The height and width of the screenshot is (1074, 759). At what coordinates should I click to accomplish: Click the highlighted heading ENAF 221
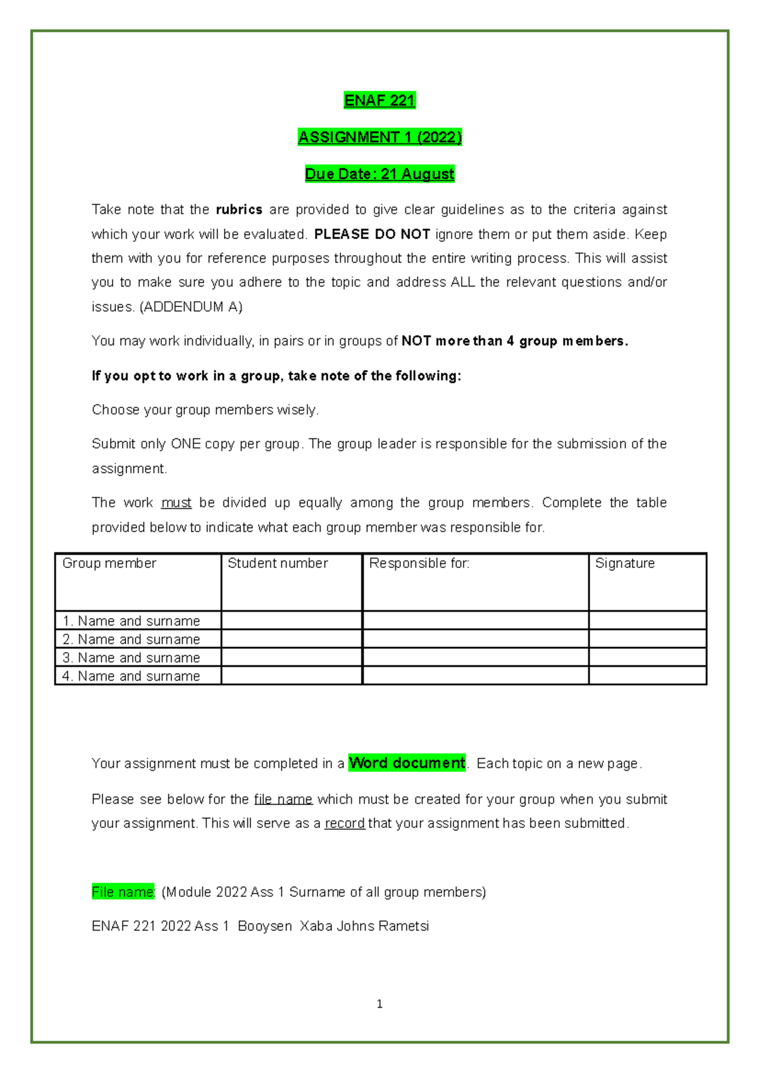[379, 101]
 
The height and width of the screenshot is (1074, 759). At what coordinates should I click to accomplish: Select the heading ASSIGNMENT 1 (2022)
[379, 137]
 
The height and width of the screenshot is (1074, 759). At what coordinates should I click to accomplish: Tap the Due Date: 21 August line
[379, 174]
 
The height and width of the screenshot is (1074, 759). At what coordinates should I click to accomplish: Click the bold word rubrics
[239, 210]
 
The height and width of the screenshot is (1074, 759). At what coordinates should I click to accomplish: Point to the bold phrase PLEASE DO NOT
[372, 234]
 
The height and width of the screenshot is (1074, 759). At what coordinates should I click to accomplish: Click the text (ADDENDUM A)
[190, 307]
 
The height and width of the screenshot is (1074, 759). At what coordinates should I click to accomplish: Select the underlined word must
[176, 503]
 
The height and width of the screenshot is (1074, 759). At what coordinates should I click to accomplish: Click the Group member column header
[109, 563]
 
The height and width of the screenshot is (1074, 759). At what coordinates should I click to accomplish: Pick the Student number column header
[278, 563]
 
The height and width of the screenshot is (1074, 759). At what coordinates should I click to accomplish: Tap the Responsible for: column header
[419, 563]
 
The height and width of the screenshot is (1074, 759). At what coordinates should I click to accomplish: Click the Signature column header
[625, 563]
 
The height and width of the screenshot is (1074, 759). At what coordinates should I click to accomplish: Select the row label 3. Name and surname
[131, 658]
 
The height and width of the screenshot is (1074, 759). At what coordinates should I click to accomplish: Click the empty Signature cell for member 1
[647, 620]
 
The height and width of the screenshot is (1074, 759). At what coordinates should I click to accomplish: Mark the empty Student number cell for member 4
[292, 676]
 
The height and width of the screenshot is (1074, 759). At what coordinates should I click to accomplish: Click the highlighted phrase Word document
[407, 763]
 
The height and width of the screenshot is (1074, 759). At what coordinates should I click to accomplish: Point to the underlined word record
[344, 824]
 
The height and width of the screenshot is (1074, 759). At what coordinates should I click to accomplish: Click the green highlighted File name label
[122, 892]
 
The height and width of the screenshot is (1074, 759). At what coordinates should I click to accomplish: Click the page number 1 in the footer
[379, 1004]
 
